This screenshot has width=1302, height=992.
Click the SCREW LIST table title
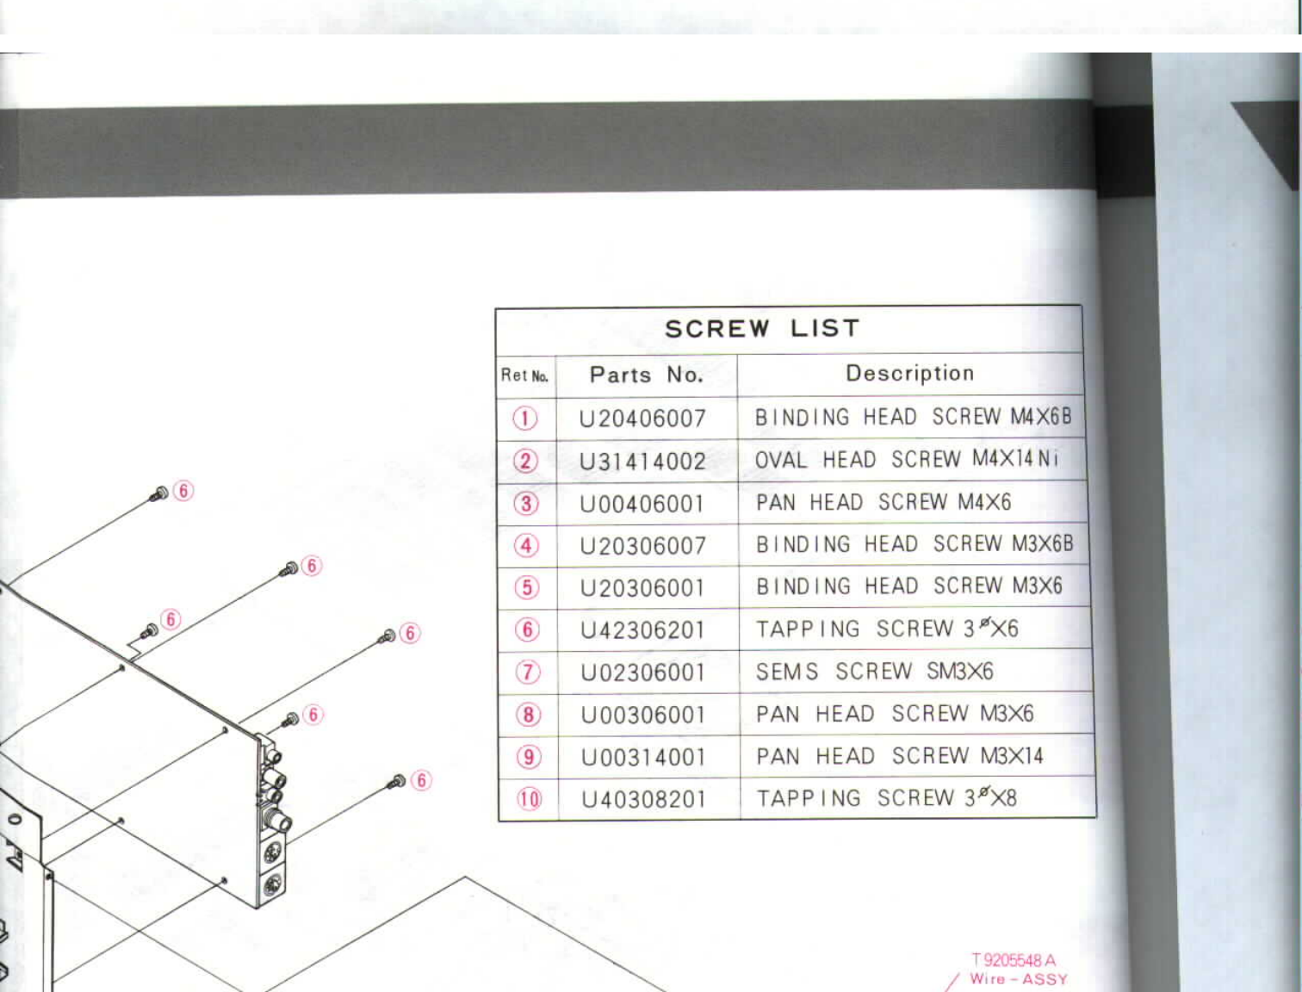click(762, 329)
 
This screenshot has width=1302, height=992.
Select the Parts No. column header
click(647, 375)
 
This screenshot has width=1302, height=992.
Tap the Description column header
click(909, 374)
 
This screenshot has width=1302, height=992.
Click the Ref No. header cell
click(524, 375)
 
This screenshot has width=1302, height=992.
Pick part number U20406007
click(642, 419)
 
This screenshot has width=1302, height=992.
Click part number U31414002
click(642, 462)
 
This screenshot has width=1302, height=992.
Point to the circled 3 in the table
click(526, 504)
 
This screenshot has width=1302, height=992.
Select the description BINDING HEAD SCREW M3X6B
click(914, 544)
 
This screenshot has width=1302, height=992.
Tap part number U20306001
click(642, 588)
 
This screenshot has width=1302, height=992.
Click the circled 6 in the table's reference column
click(527, 630)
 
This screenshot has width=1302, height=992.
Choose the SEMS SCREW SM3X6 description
click(874, 672)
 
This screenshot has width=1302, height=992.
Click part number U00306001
click(643, 715)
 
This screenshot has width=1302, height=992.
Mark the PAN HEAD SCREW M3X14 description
click(900, 756)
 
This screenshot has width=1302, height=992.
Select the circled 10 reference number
click(529, 799)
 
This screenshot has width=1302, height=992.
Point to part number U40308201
click(644, 800)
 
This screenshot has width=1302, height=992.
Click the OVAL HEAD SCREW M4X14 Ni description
click(906, 460)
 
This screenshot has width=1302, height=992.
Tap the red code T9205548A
click(1014, 960)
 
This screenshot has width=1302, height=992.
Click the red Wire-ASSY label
click(1018, 979)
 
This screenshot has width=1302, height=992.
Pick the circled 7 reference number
click(527, 673)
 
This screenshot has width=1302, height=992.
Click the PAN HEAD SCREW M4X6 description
click(883, 502)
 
